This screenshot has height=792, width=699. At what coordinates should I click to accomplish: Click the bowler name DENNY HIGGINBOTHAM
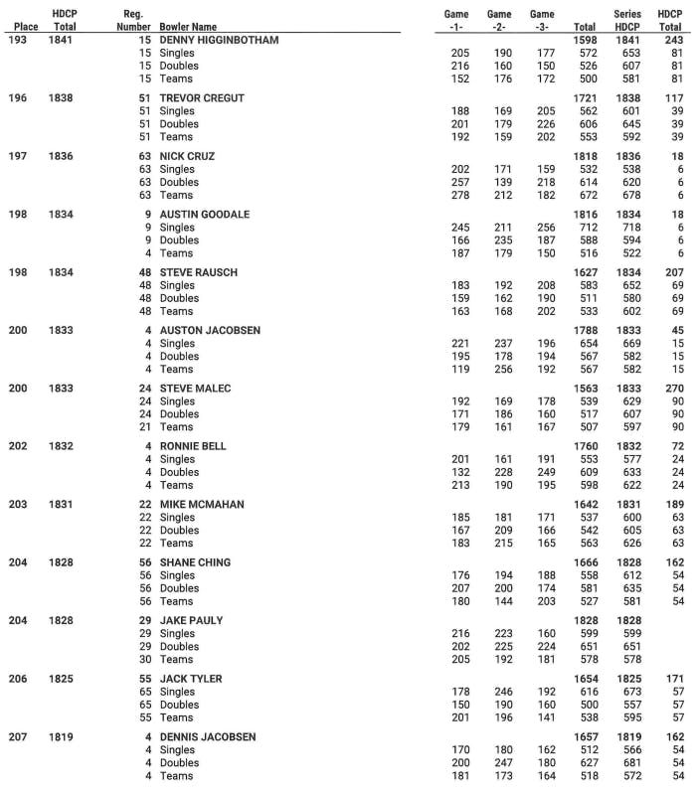(x=219, y=40)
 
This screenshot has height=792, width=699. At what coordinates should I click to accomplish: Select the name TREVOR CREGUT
(x=202, y=98)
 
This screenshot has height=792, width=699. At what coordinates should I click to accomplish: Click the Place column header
(x=26, y=27)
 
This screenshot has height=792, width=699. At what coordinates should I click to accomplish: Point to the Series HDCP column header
(x=628, y=20)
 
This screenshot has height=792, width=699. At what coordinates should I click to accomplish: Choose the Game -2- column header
(x=499, y=20)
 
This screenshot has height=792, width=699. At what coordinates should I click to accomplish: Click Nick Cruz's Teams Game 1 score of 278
(x=459, y=196)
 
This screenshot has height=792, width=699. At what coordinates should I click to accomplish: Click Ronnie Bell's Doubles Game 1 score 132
(x=459, y=472)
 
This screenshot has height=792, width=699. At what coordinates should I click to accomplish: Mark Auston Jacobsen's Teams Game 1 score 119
(x=459, y=370)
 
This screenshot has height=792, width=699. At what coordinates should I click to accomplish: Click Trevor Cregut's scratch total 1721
(x=585, y=98)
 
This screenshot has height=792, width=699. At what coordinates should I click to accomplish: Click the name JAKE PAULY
(x=192, y=620)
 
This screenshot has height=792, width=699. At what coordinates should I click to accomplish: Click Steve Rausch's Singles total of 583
(x=587, y=285)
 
